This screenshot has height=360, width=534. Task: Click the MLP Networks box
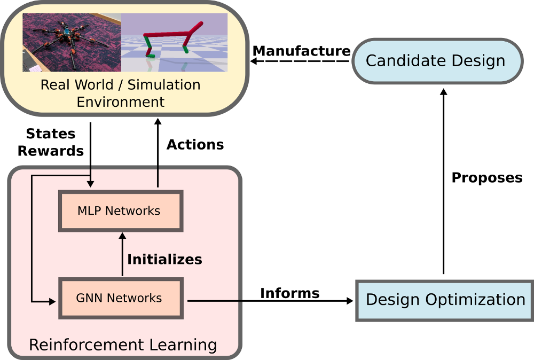[121, 211]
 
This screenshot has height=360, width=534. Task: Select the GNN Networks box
[121, 298]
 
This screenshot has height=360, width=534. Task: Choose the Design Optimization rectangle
[444, 300]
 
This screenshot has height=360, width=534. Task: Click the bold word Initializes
[164, 260]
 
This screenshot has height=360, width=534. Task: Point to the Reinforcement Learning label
[123, 345]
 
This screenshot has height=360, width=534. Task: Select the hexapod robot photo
[72, 42]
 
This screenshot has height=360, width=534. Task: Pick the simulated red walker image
[174, 42]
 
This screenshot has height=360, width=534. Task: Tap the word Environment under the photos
[121, 101]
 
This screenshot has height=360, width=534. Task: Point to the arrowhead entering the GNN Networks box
[52, 302]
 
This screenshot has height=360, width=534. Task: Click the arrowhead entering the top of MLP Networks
[91, 184]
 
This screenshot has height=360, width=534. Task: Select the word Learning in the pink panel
[182, 345]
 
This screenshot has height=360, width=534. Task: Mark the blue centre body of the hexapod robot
[67, 33]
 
